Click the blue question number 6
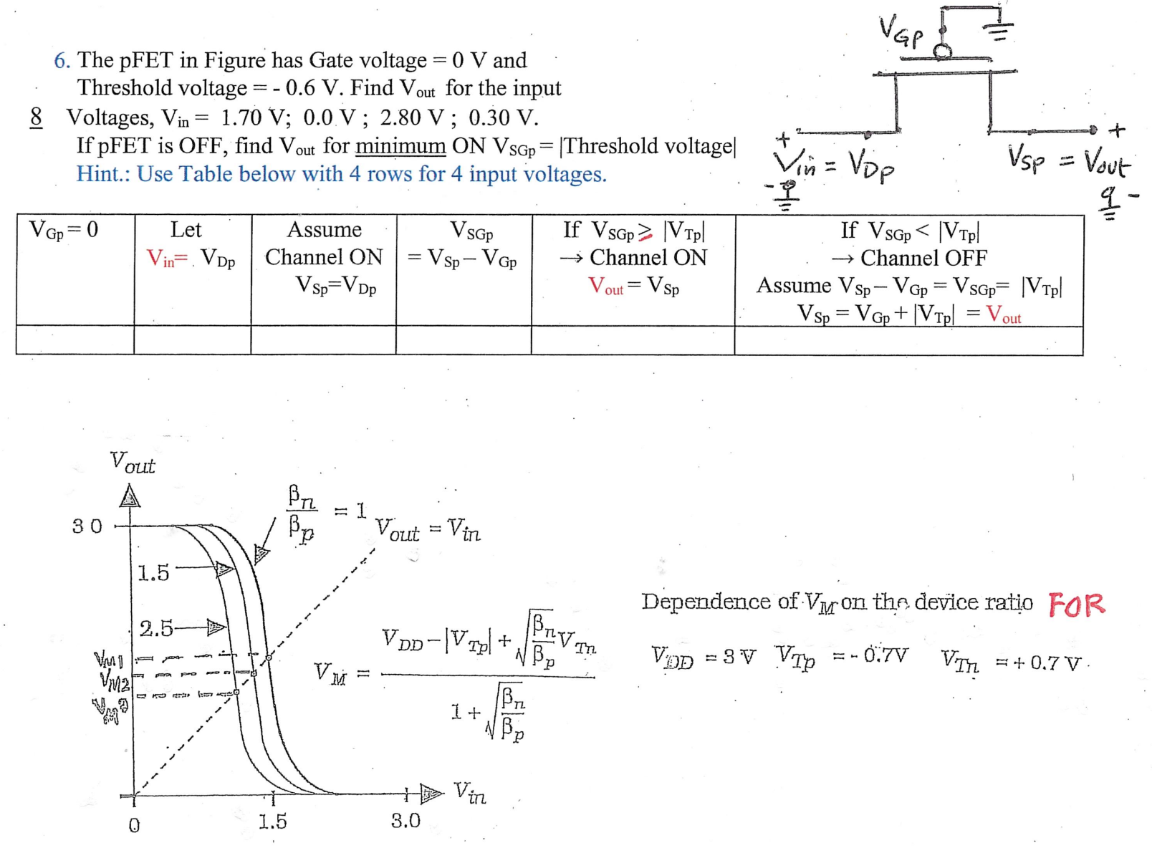61,61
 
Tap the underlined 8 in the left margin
36,117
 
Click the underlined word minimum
400,146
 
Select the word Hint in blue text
99,175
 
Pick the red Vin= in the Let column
167,259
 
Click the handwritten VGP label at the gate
901,32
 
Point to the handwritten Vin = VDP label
835,166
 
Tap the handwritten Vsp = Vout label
1068,160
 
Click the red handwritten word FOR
1077,605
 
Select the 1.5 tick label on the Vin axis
272,821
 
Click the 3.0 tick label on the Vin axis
405,821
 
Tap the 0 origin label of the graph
134,826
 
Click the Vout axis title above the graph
133,463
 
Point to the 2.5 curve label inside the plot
156,629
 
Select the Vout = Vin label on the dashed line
428,530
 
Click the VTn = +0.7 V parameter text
1011,662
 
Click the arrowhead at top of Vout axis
130,496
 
